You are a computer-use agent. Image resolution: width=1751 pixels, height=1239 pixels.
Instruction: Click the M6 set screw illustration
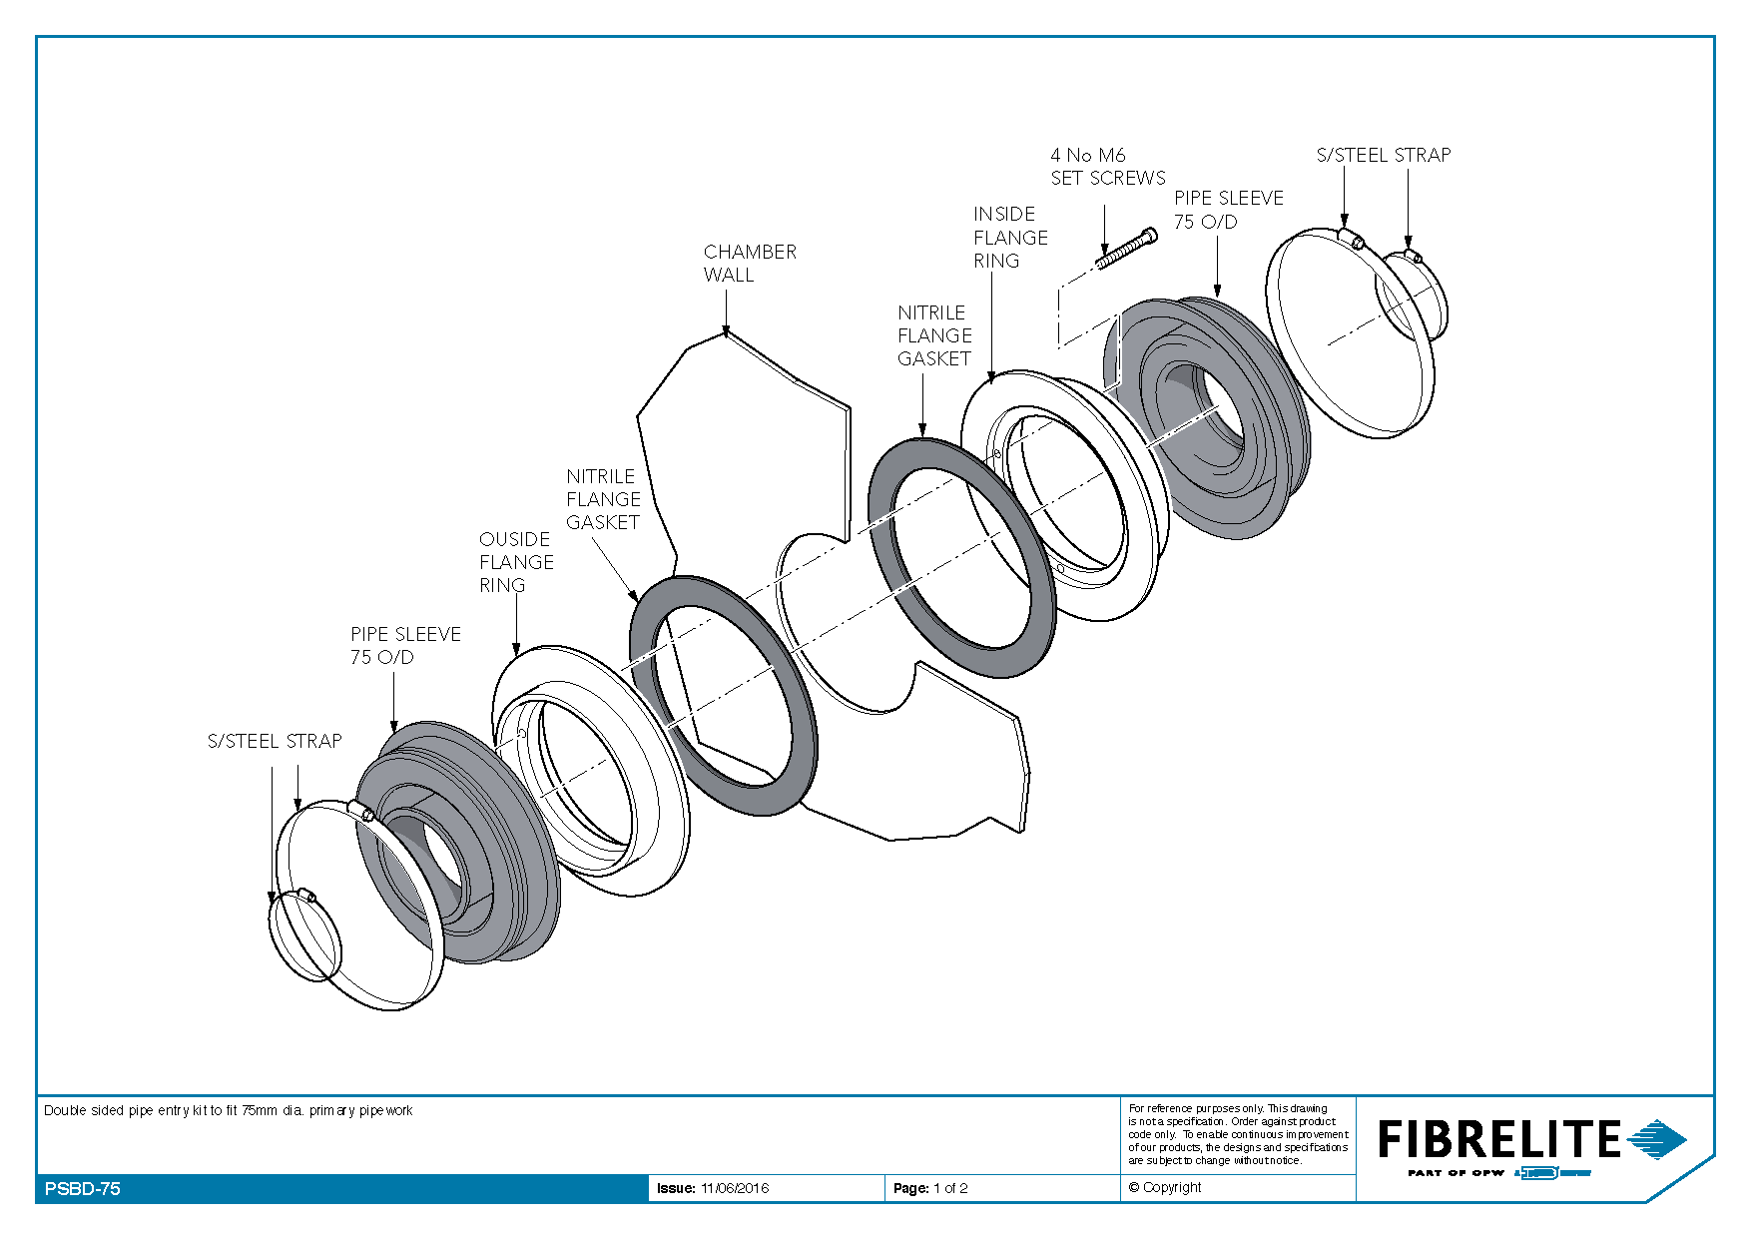(1127, 249)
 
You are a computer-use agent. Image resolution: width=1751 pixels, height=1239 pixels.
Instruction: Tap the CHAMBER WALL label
(750, 264)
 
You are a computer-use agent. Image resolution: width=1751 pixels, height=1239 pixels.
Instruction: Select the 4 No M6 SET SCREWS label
(1108, 167)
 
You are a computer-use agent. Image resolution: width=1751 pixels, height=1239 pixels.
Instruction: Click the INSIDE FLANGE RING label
(1010, 238)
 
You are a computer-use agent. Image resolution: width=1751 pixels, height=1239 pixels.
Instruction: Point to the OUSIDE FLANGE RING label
(516, 562)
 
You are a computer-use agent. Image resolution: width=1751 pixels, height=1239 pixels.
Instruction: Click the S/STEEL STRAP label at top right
(1384, 155)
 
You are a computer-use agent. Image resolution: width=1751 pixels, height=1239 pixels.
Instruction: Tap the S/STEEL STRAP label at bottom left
(275, 741)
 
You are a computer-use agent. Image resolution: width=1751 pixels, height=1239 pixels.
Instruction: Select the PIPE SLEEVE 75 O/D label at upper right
(1229, 210)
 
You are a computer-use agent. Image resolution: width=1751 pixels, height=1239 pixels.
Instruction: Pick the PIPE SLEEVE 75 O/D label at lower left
(405, 645)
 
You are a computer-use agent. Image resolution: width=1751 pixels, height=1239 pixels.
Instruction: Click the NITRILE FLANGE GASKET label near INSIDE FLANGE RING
(934, 335)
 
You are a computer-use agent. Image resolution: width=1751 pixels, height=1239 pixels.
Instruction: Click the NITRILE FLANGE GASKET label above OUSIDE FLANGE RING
(603, 499)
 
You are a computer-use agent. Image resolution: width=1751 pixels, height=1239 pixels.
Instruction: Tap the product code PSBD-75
(83, 1189)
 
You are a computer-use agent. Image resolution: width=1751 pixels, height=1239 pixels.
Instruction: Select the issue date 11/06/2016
(735, 1188)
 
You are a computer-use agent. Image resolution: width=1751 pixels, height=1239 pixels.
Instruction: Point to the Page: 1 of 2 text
(930, 1188)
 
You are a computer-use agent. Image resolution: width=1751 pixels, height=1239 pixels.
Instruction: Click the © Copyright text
(1165, 1187)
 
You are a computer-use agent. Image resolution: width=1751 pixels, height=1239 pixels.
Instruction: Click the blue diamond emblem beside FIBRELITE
(1657, 1139)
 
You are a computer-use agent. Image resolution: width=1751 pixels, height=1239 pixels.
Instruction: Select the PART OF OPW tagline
(1456, 1173)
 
